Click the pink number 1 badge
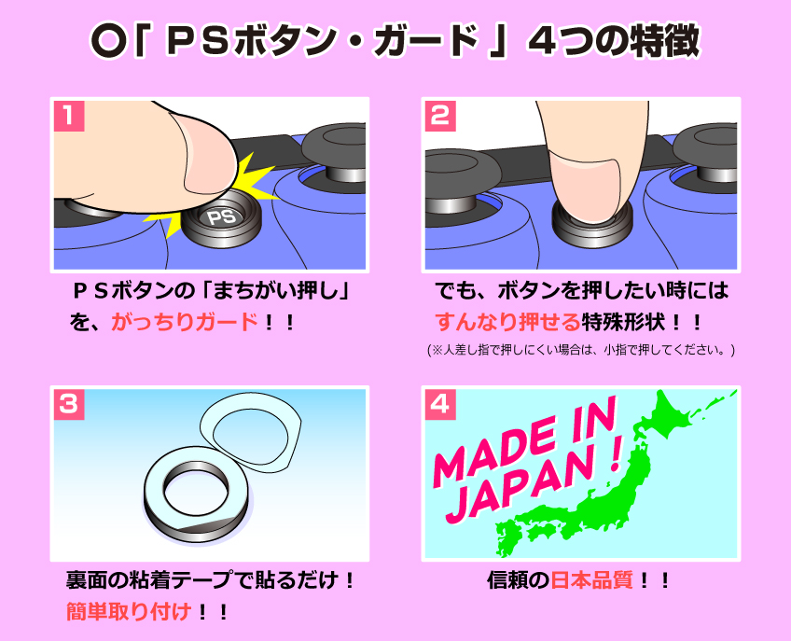[x=69, y=116]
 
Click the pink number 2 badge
[x=440, y=116]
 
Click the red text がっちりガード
[x=185, y=323]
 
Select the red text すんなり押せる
[x=507, y=323]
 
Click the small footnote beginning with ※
[x=581, y=351]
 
